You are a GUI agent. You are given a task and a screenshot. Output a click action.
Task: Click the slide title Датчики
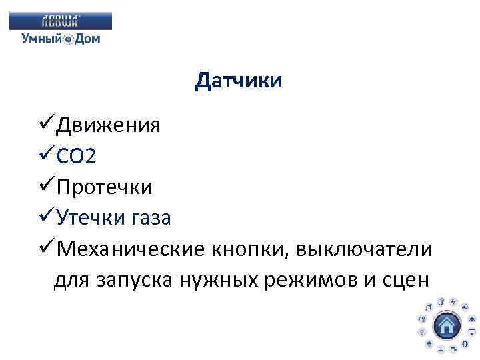point(239,81)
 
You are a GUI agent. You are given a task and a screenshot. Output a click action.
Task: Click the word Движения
point(108,125)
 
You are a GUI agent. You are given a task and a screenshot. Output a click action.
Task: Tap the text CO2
point(77,157)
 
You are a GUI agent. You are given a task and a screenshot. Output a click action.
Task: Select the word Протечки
point(105,187)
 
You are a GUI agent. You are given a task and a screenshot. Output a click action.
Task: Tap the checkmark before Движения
point(47,124)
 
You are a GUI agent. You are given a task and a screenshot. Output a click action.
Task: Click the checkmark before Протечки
point(47,186)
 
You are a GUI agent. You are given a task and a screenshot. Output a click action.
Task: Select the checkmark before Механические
point(47,248)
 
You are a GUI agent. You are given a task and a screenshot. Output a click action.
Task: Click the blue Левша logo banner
point(61,21)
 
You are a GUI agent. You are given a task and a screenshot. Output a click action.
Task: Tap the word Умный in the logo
point(42,39)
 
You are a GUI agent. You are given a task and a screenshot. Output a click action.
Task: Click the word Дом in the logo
point(87,39)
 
